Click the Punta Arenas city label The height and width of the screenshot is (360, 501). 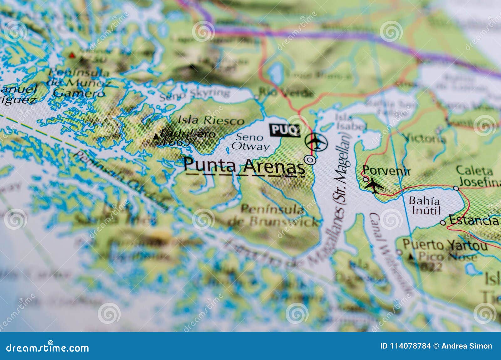coord(244,166)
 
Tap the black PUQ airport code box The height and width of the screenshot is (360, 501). coord(285,130)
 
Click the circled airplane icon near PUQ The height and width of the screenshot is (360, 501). coord(316,142)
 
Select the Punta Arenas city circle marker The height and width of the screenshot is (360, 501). coord(310,160)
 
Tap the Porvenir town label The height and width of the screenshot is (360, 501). coord(386,171)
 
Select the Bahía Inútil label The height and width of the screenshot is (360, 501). coord(425,205)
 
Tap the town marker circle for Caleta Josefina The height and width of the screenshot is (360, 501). coord(456,188)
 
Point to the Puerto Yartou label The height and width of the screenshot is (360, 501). coord(445,245)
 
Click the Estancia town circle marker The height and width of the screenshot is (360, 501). coord(443,223)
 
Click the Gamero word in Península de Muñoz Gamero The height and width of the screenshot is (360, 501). coord(78,93)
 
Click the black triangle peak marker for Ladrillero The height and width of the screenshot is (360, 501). coord(156,136)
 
